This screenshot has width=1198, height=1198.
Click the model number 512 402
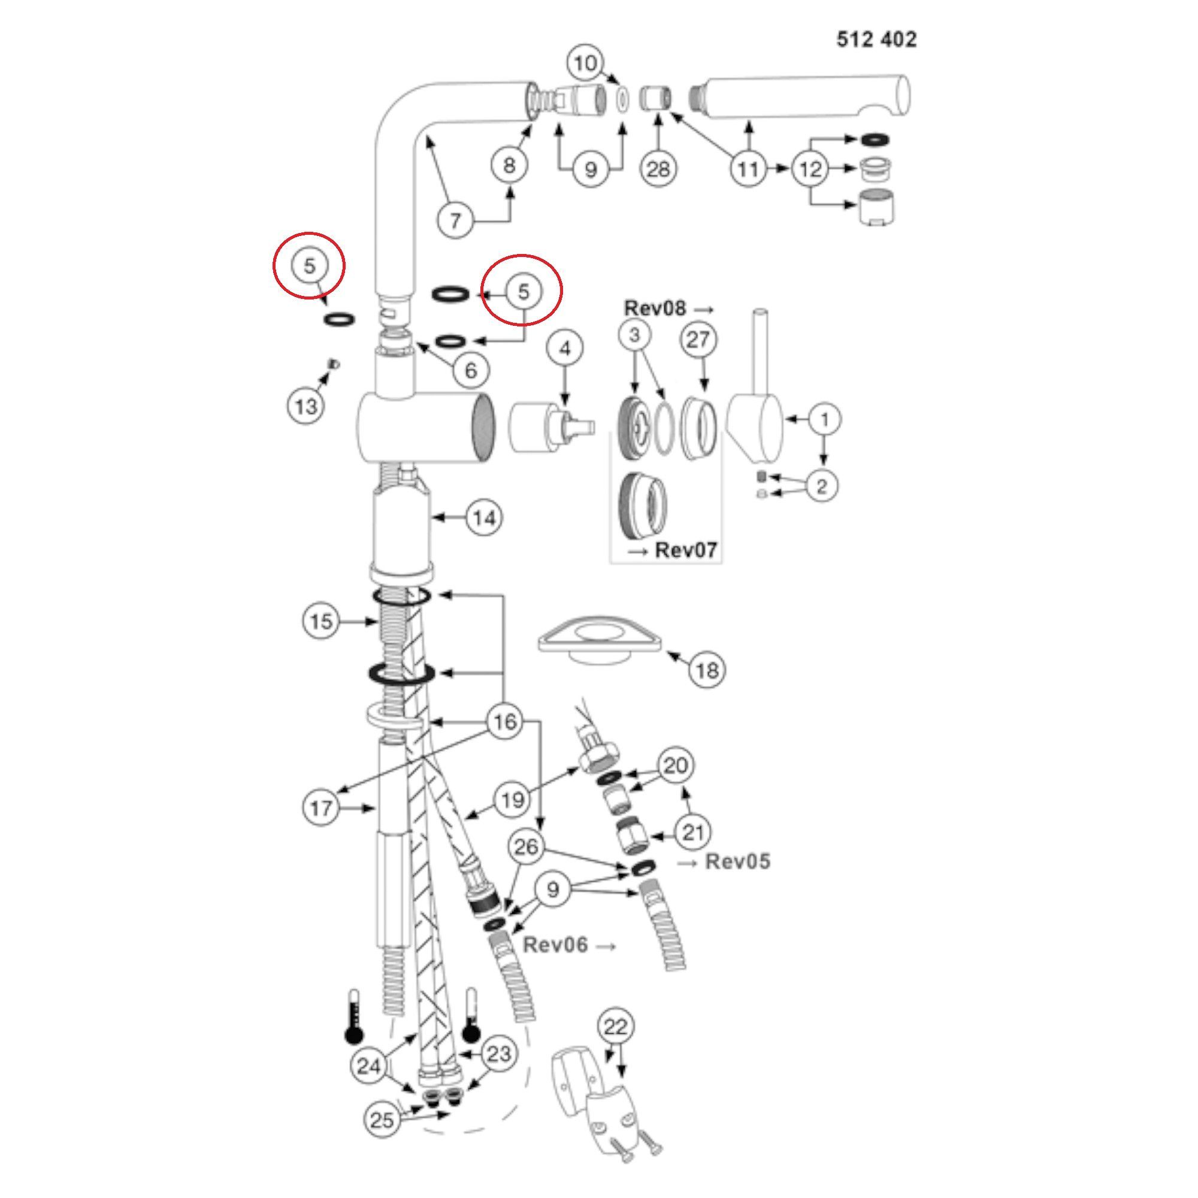click(x=876, y=40)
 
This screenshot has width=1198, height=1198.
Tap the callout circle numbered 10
click(x=585, y=63)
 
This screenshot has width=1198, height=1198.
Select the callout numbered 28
click(x=658, y=169)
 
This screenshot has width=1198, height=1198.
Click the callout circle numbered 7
click(x=456, y=220)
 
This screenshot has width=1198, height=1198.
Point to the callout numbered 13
click(x=306, y=407)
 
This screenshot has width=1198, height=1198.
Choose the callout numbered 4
click(x=564, y=349)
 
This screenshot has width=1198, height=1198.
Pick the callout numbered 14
click(x=484, y=518)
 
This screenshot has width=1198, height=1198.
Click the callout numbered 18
click(x=707, y=670)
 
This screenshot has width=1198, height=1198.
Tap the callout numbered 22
click(x=615, y=1027)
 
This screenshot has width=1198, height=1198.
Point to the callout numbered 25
click(x=382, y=1120)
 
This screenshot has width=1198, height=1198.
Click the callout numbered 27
click(x=699, y=340)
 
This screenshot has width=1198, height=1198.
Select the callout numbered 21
click(x=692, y=832)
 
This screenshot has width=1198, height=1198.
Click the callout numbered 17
click(x=321, y=808)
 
